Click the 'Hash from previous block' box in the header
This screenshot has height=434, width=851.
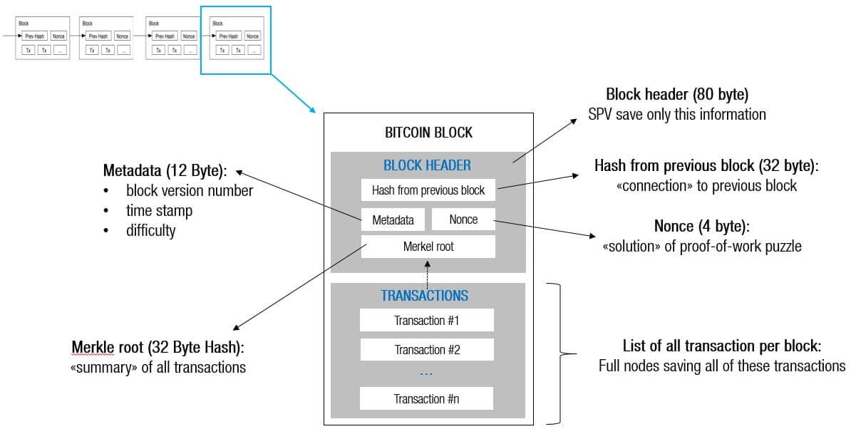[428, 190]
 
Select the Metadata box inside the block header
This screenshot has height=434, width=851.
[393, 219]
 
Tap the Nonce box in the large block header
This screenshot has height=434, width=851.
[463, 219]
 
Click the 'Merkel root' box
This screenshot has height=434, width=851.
[428, 247]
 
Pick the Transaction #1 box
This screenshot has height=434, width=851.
[426, 320]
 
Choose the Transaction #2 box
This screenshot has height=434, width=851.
[426, 349]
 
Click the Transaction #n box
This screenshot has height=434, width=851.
[426, 398]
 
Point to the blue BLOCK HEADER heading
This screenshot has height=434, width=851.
[427, 165]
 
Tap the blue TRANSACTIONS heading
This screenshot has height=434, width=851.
[424, 295]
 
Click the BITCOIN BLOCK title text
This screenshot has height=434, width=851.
[428, 133]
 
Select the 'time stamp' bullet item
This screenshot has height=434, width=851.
[159, 211]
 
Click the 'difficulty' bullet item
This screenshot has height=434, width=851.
[150, 231]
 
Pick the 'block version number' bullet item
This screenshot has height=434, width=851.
[189, 191]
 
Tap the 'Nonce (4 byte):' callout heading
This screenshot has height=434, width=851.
[702, 227]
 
